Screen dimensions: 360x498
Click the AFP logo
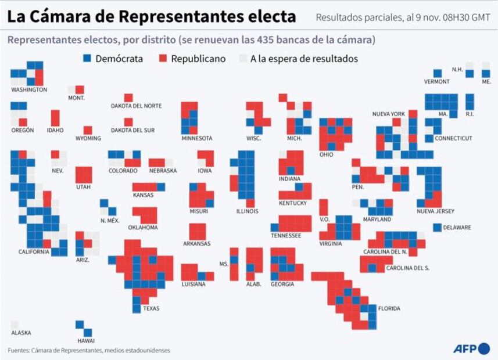point(471,348)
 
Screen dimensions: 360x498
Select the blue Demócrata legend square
point(87,59)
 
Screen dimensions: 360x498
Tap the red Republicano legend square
point(163,59)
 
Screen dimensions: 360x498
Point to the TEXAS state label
point(151,308)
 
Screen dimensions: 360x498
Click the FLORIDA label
point(389,308)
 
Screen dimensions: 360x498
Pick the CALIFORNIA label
point(33,252)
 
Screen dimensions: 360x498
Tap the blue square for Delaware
point(437,228)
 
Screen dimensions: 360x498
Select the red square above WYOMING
point(88,130)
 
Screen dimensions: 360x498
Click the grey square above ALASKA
point(14,325)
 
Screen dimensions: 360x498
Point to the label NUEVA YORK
point(388,114)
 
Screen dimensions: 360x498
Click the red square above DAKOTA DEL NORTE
point(128,98)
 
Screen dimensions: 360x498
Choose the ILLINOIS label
point(247,211)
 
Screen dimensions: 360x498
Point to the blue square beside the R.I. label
point(470,102)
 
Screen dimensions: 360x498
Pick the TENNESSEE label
point(286,236)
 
